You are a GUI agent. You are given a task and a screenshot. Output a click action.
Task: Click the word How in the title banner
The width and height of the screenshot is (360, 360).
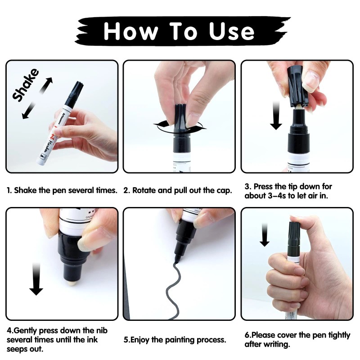(x=131, y=31)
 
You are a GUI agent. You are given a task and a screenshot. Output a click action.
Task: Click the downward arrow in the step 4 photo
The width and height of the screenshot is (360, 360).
(x=36, y=279)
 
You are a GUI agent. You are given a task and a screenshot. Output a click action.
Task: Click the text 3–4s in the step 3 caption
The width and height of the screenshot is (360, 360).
(x=277, y=196)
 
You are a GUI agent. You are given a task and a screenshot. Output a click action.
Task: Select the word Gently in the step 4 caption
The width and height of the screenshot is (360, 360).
(x=25, y=331)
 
